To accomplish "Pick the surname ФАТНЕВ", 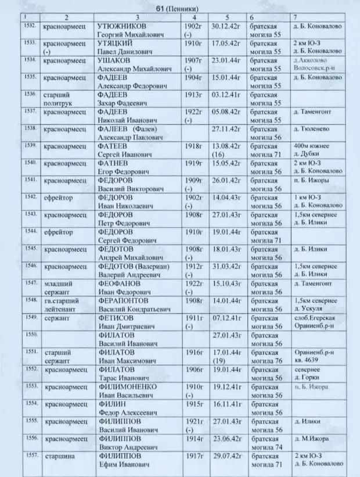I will pos(114,163).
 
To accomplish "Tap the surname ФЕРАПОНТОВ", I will pos(123,300).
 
